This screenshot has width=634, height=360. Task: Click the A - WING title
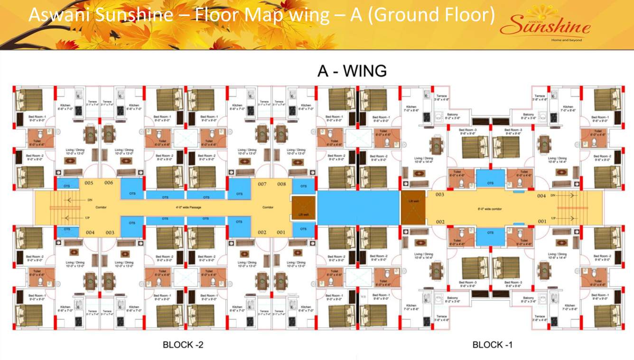[352, 71]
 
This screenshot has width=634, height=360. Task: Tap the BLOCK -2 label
[183, 345]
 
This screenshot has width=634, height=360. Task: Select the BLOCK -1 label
[492, 345]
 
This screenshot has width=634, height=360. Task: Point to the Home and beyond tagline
[566, 40]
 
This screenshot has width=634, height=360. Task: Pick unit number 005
[88, 184]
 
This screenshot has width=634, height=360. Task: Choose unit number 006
[109, 184]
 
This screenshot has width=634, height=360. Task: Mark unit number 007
[262, 184]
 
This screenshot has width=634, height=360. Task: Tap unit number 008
[281, 184]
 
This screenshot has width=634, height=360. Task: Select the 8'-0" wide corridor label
[489, 209]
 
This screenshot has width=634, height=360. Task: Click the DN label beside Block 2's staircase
[90, 200]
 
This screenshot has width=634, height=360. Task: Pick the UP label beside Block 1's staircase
[553, 218]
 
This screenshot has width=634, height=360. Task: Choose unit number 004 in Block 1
[541, 195]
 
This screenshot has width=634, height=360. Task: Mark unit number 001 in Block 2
[281, 232]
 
